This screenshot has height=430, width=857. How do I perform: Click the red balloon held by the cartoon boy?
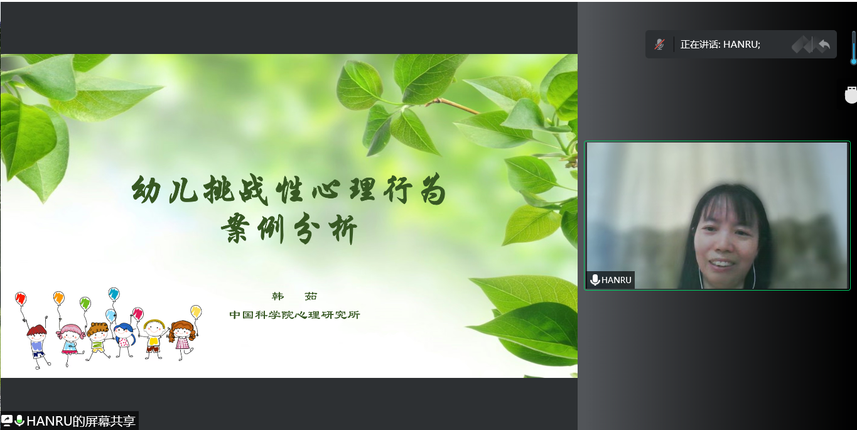pos(21,298)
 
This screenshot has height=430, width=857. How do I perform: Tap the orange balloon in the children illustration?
pos(58,298)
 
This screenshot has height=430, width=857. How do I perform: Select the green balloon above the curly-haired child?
pos(85,303)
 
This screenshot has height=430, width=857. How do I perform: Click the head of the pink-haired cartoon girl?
pos(71,333)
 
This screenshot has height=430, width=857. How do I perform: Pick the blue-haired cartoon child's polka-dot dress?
pos(124,341)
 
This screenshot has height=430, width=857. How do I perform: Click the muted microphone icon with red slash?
pos(659,45)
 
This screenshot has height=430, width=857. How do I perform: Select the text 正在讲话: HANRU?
pos(720,45)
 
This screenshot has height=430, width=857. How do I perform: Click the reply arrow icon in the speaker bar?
pos(824,45)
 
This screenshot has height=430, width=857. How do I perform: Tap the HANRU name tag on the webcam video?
pos(611,280)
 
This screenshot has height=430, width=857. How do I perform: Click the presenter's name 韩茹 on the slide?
pos(294,296)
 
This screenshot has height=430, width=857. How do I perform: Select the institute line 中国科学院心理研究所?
pos(294,314)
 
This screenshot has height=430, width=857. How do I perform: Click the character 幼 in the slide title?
pos(146,190)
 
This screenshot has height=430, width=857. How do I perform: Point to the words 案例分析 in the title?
pos(289,228)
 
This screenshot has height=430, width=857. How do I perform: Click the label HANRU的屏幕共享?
pos(81,421)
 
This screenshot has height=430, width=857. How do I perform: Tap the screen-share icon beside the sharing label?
pos(7,421)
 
